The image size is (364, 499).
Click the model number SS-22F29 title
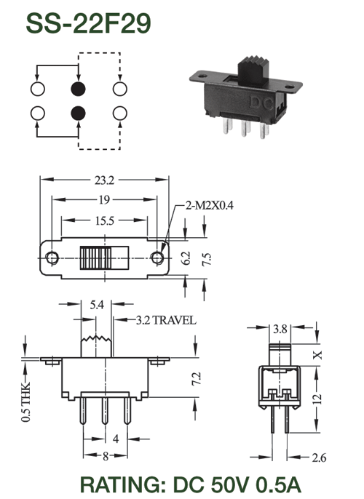(x=88, y=23)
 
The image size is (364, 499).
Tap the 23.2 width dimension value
(x=104, y=180)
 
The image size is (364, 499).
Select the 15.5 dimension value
(x=104, y=220)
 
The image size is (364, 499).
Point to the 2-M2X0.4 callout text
(x=210, y=206)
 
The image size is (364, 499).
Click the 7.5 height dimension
(x=206, y=259)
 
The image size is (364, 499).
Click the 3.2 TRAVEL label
(x=166, y=320)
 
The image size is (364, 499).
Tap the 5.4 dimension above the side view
(x=97, y=305)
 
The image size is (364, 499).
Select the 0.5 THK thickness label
(x=25, y=402)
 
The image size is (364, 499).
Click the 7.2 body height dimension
(x=197, y=379)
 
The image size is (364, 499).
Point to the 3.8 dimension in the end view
(x=280, y=329)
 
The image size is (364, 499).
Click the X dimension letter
(x=318, y=355)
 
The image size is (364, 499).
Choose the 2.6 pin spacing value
(x=319, y=458)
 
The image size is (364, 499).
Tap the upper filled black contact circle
(x=78, y=89)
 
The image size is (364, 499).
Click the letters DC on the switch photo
(x=261, y=103)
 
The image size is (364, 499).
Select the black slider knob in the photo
(x=253, y=71)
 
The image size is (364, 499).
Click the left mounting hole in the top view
(x=52, y=258)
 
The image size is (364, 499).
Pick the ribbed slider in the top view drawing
(x=96, y=258)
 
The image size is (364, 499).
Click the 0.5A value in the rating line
(x=278, y=484)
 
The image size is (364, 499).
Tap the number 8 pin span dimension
(x=106, y=456)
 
